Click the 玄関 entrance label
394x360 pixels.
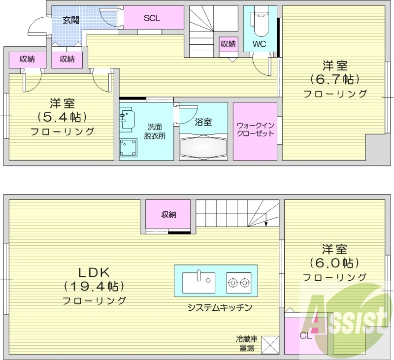[x=71, y=20]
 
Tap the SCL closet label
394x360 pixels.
[x=152, y=18]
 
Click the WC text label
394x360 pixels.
[x=260, y=44]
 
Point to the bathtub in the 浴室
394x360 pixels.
[x=203, y=147]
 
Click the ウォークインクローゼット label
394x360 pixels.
[x=255, y=129]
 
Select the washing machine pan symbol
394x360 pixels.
[x=128, y=147]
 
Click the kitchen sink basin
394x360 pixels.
[x=199, y=283]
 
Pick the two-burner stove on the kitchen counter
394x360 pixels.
[x=239, y=283]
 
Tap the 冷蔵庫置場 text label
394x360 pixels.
[x=247, y=344]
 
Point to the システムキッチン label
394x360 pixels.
[x=220, y=307]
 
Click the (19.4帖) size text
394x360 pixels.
[x=94, y=286]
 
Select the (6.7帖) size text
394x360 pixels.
[x=334, y=80]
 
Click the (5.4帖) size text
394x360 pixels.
[x=62, y=117]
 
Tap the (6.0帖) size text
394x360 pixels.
[x=334, y=263]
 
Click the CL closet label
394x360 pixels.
[x=306, y=336]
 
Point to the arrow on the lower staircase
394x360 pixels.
[x=266, y=219]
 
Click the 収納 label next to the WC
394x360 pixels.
[x=228, y=44]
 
